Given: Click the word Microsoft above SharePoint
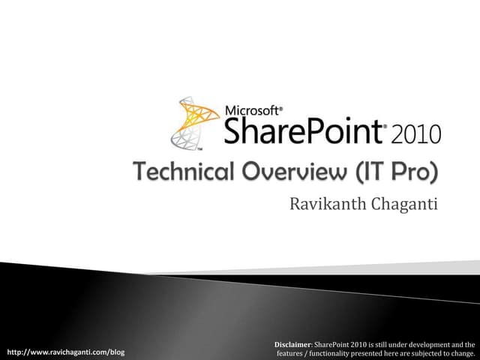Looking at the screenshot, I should click(253, 109).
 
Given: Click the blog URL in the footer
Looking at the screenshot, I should click(65, 352).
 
